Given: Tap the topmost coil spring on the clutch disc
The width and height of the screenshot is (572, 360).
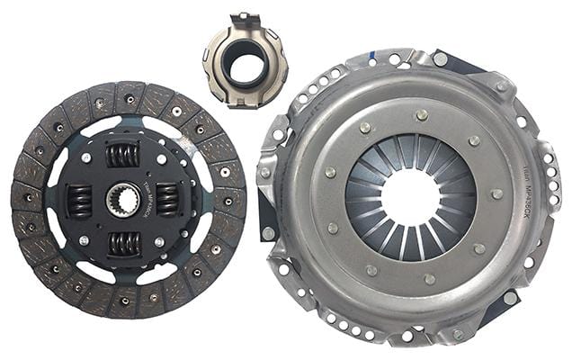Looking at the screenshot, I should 123,155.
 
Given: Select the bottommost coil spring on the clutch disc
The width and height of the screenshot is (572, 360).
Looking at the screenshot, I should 123,244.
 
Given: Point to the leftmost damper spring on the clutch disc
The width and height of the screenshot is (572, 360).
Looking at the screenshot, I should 80,200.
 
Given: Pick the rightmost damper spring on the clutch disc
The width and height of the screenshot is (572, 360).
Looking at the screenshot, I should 168,200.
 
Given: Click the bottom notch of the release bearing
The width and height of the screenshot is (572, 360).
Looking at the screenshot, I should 244,102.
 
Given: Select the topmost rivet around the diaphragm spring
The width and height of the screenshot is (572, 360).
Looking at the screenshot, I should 421,114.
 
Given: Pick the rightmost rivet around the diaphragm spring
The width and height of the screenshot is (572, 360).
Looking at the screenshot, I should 496,194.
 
